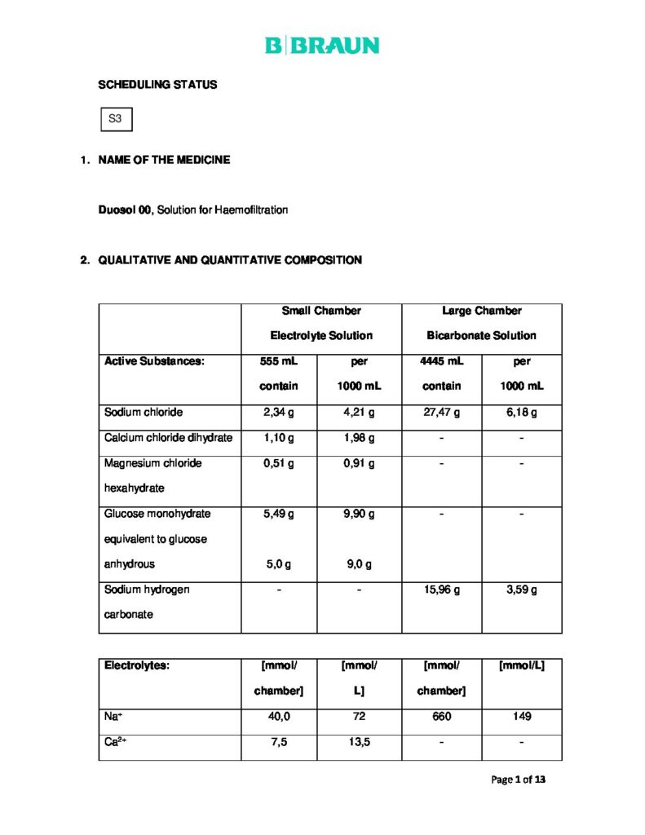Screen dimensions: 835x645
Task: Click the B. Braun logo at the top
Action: [x=322, y=46]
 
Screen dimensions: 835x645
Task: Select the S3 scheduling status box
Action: [x=115, y=119]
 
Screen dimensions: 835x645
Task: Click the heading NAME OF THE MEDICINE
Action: [x=164, y=160]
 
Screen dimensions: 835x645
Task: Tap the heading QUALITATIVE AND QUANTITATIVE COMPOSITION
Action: [x=230, y=260]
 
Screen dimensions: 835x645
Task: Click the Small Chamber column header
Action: [x=321, y=311]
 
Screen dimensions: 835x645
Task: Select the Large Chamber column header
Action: [x=481, y=311]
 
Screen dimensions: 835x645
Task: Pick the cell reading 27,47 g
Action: [x=441, y=413]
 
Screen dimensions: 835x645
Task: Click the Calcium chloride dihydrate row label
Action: [x=168, y=438]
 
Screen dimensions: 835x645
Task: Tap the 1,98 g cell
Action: [x=359, y=438]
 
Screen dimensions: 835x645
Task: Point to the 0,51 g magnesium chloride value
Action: [x=279, y=463]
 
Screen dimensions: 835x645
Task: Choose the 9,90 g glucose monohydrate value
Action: [x=359, y=514]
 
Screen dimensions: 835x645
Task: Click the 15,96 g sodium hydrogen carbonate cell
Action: [x=441, y=589]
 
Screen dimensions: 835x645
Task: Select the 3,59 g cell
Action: [x=521, y=589]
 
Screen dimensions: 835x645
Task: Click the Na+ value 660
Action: [x=441, y=716]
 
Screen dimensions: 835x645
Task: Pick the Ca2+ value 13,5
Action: [x=359, y=742]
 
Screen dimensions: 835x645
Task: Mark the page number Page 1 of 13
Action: [x=518, y=780]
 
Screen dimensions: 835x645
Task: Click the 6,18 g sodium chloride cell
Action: [x=521, y=413]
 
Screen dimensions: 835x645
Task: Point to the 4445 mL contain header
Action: [x=441, y=373]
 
